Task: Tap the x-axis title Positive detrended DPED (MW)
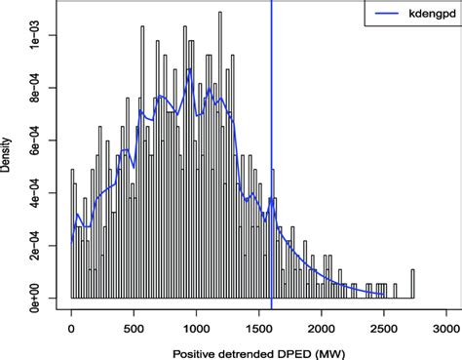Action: tap(258, 348)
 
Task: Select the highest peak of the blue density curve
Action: tap(190, 68)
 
